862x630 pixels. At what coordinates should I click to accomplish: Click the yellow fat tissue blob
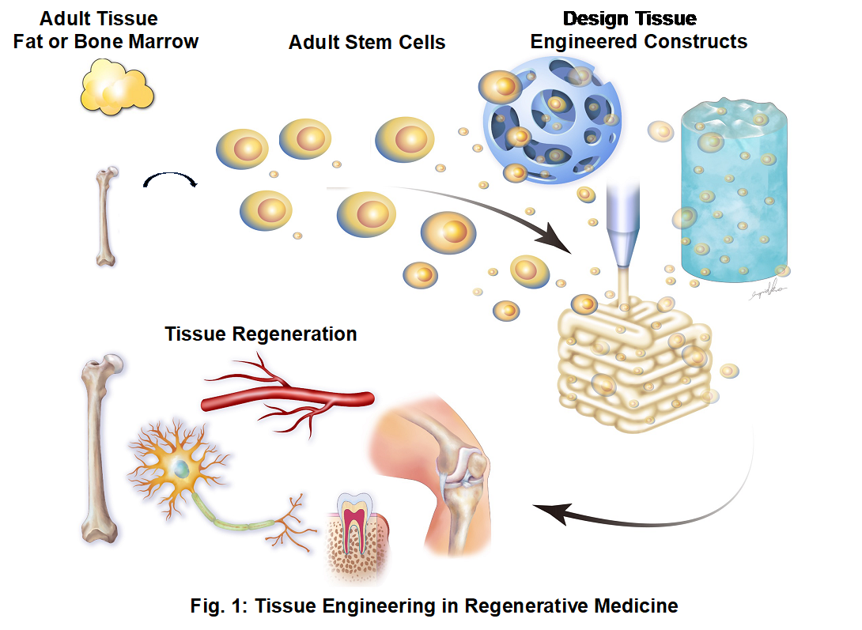pyautogui.click(x=116, y=89)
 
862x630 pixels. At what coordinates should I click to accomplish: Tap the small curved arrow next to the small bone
pyautogui.click(x=169, y=183)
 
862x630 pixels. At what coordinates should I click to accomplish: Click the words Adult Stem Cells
pyautogui.click(x=367, y=43)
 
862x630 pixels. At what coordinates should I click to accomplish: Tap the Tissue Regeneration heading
pyautogui.click(x=261, y=334)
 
